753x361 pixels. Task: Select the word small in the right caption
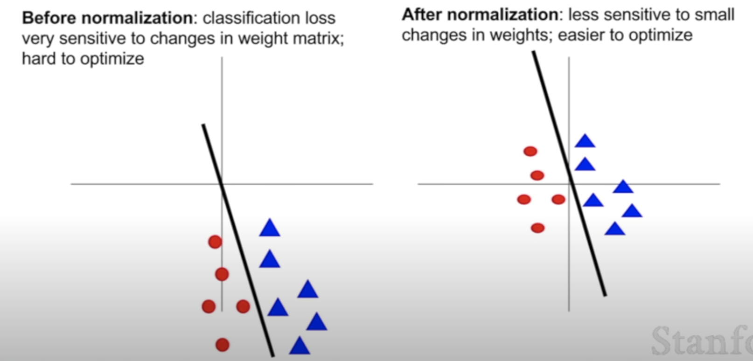[714, 15]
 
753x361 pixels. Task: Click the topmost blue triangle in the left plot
[270, 229]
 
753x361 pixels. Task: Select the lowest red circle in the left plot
[223, 345]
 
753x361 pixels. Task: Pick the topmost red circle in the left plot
[215, 242]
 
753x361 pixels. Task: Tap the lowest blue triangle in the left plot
[300, 346]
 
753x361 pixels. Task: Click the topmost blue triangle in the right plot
[585, 141]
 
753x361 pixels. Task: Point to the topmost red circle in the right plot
[530, 151]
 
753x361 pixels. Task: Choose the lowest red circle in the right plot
[537, 228]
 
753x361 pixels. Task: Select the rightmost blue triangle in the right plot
[632, 211]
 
